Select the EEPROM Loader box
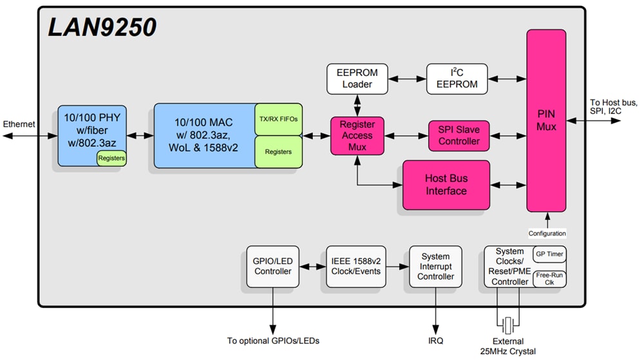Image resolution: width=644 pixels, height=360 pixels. (x=357, y=79)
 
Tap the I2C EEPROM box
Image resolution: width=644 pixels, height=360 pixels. (x=457, y=79)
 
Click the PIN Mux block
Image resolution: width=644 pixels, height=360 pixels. (x=546, y=121)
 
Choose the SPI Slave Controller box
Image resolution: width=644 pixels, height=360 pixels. (x=459, y=135)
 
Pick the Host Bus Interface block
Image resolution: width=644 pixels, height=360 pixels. (x=446, y=185)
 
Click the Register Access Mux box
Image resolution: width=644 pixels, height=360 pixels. (x=357, y=136)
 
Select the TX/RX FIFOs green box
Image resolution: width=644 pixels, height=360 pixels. (x=278, y=119)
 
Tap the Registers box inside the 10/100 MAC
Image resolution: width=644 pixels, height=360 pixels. (x=278, y=152)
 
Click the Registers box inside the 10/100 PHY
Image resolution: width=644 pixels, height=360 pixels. (x=111, y=158)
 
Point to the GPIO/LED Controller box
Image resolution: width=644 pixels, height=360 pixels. (x=273, y=266)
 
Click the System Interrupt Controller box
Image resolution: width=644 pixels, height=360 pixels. (x=435, y=266)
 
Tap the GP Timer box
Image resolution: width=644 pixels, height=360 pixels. (x=549, y=254)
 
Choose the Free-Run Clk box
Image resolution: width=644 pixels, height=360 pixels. (x=549, y=279)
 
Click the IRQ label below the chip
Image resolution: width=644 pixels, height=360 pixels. (x=436, y=341)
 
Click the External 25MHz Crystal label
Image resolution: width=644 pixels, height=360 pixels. (x=509, y=346)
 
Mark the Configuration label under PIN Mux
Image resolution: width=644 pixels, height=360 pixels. (x=547, y=233)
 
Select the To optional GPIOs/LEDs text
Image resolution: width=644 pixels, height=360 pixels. (x=273, y=341)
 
